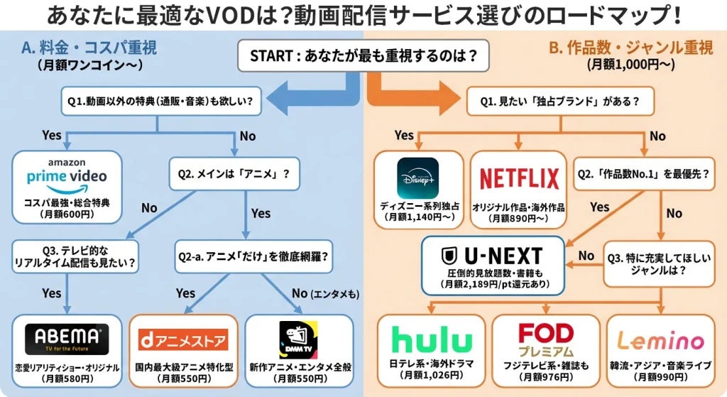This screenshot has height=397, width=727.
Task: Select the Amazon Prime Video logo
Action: (67, 174)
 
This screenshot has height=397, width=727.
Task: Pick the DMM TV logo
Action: (298, 338)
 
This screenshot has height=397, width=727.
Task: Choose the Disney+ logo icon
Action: (417, 178)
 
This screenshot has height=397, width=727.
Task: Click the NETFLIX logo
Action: (519, 178)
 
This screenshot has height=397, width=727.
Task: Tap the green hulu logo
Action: (431, 339)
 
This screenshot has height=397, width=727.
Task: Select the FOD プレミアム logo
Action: (545, 339)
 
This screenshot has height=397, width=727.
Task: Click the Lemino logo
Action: (660, 340)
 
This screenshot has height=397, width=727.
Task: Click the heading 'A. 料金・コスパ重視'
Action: (89, 48)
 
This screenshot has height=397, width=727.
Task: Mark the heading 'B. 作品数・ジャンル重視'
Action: (631, 48)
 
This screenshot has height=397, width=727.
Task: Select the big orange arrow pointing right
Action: (412, 96)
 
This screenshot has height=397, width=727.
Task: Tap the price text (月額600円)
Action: (67, 214)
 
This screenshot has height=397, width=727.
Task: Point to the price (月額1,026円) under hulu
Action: (431, 375)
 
